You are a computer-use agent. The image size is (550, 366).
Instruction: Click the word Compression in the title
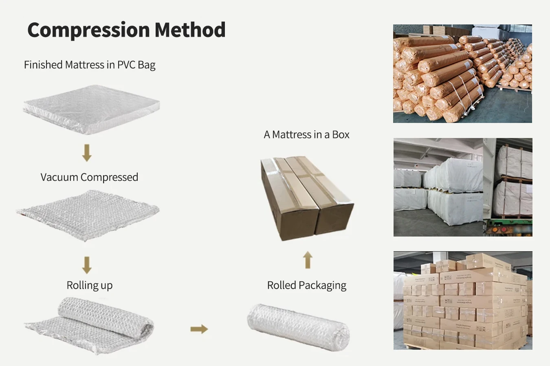88,30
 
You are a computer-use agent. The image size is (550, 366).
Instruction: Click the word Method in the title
190,30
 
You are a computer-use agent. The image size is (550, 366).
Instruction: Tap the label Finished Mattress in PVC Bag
90,65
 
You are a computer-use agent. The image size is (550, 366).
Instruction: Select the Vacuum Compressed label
89,177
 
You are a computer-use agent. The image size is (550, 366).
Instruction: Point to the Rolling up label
89,285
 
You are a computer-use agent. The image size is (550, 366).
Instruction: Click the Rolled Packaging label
306,285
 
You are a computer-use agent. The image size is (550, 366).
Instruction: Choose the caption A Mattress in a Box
306,135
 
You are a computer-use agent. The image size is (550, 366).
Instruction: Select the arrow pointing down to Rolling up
87,265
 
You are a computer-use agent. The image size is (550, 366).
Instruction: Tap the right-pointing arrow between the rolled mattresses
199,329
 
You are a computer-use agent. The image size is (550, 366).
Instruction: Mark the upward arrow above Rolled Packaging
308,260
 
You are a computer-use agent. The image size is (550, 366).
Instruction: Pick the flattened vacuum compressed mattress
88,214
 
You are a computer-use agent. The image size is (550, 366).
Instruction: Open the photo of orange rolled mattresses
462,74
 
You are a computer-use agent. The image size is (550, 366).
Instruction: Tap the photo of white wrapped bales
462,187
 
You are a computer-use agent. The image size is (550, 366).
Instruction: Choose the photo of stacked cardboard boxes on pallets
462,300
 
